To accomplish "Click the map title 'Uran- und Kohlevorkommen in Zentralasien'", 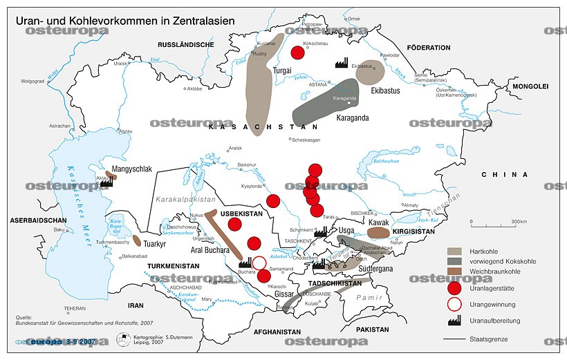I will (125, 21).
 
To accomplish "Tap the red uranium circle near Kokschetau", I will (298, 53).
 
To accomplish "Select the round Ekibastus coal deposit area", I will (370, 73).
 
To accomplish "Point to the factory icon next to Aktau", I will (106, 179).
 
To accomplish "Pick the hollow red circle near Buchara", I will (259, 263).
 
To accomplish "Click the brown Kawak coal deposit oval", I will (379, 233).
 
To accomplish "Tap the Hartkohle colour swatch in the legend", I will (454, 251).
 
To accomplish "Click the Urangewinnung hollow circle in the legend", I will (454, 305).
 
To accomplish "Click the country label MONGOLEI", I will (529, 86).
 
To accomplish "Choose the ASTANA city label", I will (317, 84).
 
